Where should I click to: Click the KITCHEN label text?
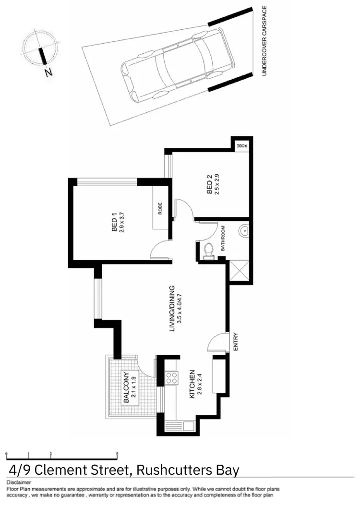pos(192,384)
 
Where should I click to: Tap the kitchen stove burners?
pos(171,378)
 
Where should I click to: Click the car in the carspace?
pos(178,67)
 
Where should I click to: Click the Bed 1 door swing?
pos(159,249)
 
